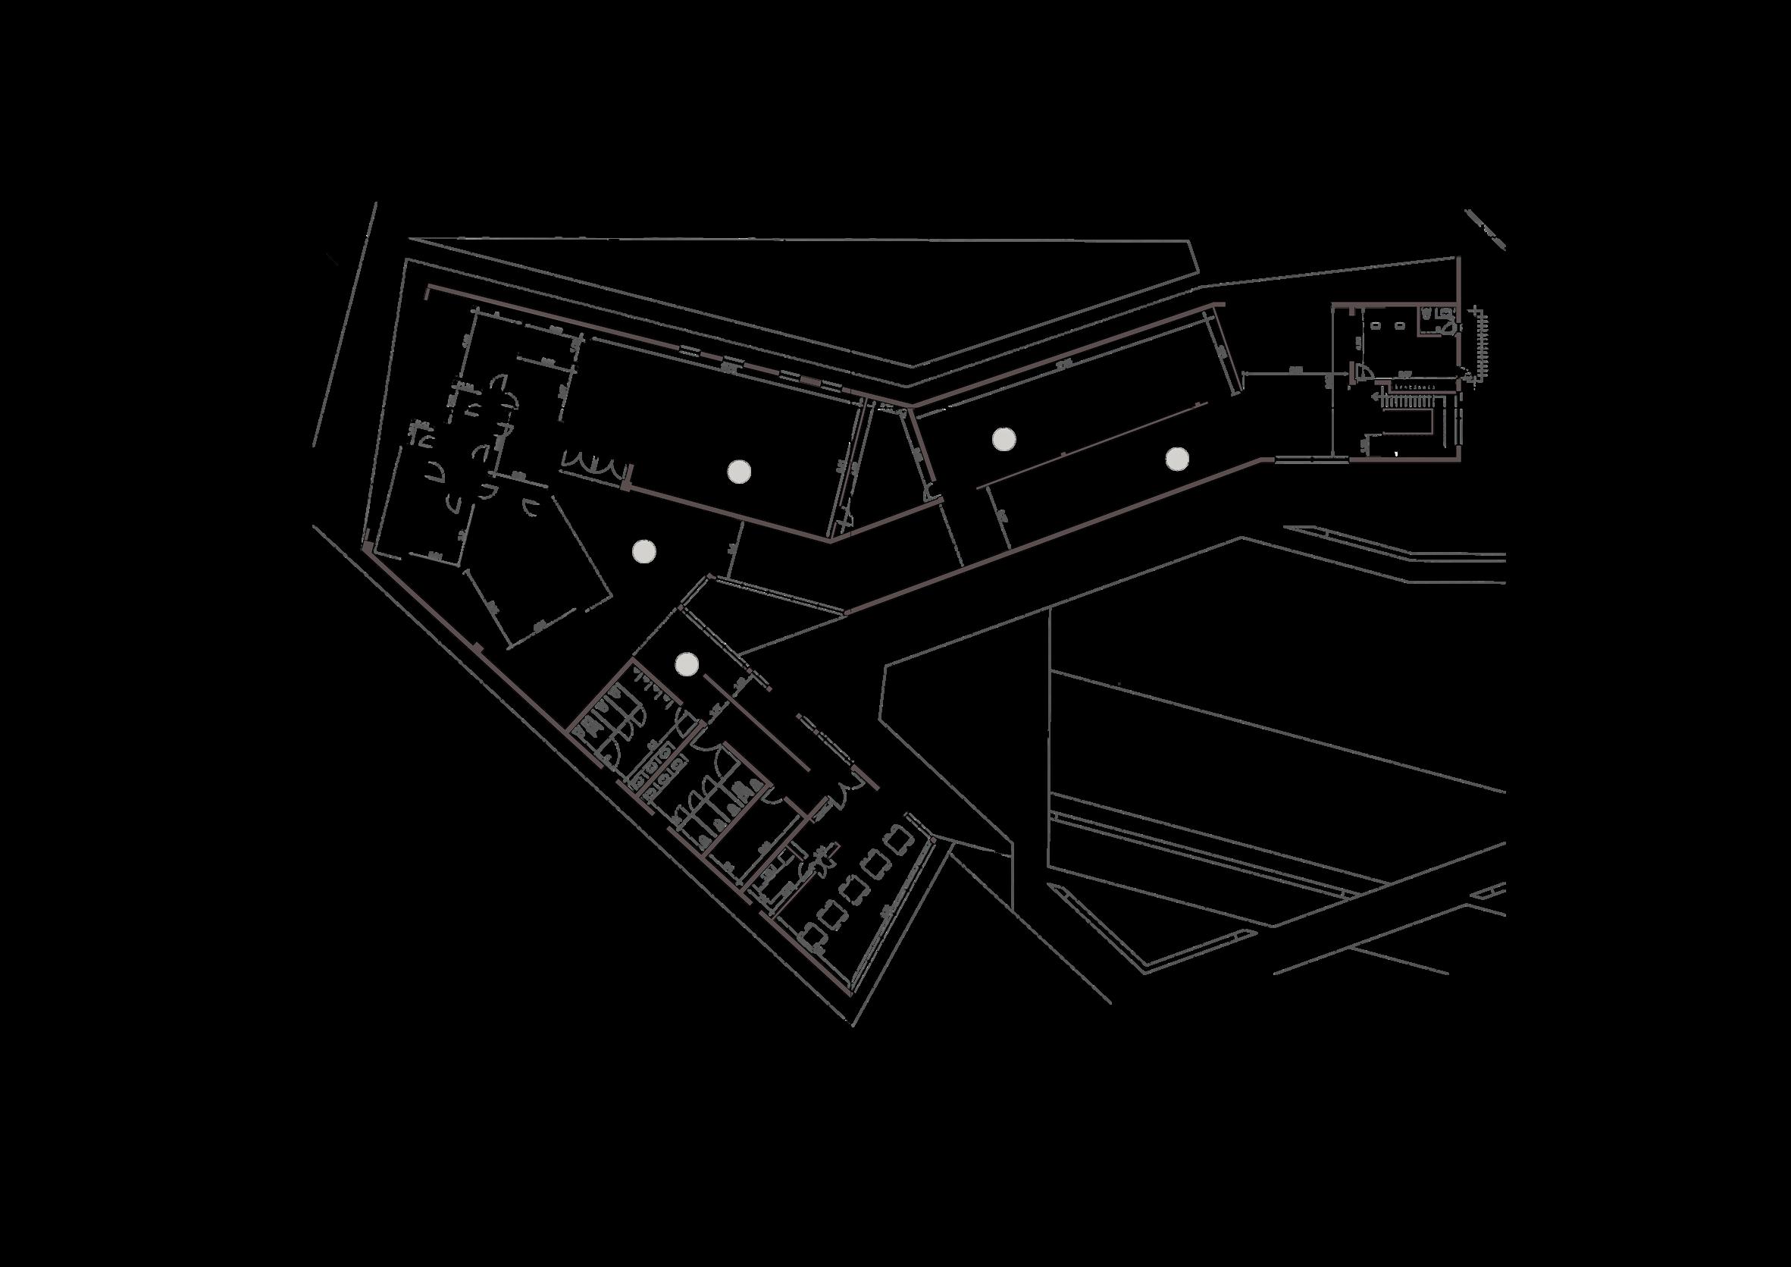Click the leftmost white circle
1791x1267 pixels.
tap(643, 551)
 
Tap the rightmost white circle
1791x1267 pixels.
tap(1177, 458)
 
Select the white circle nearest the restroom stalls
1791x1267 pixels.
tap(687, 664)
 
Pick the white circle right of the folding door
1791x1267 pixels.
tap(738, 470)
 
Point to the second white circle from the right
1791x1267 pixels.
tap(1004, 438)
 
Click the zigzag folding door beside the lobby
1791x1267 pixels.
tap(593, 465)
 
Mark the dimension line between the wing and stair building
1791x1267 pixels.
tap(1295, 374)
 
